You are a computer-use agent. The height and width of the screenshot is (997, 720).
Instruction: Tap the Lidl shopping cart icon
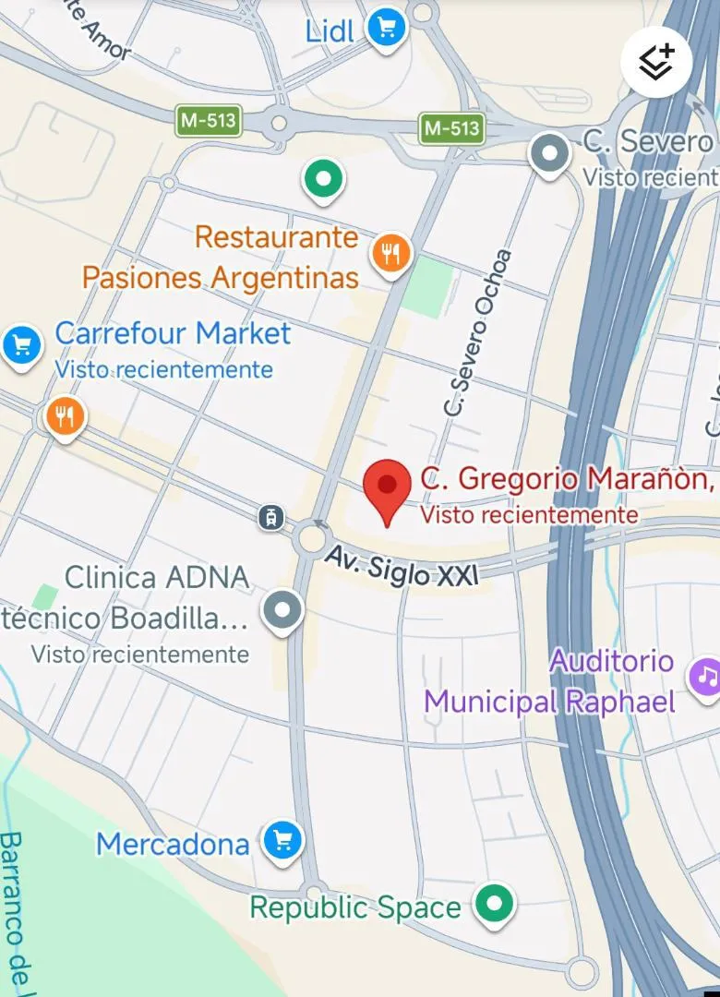387,27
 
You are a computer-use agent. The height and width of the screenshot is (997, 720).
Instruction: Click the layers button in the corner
656,63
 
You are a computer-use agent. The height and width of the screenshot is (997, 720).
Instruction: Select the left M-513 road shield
209,120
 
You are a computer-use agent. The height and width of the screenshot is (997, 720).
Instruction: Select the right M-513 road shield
451,128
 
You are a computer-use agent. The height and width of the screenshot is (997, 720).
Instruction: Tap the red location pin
387,488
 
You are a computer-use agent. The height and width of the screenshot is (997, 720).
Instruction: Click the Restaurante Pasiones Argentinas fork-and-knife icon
391,252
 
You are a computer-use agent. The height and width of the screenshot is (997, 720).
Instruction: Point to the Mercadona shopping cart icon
282,841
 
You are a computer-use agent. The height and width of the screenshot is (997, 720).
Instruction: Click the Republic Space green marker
495,903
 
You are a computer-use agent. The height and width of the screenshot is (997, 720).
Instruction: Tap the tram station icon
271,518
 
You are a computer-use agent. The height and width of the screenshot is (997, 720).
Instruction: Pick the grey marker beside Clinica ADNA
282,610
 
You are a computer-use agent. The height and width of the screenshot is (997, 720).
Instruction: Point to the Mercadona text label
173,844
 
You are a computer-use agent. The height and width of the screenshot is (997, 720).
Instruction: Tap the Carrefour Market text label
173,333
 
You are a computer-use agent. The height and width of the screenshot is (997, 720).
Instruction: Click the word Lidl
330,30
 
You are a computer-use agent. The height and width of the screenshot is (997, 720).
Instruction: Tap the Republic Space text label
355,907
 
